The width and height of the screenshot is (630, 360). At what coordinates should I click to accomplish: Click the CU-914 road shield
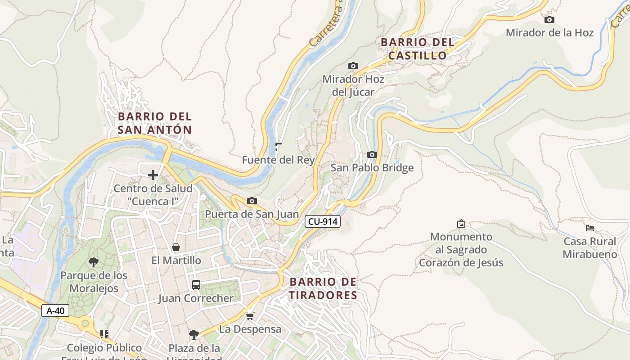tap(323, 221)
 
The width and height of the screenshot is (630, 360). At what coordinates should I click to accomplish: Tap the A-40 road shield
tap(55, 310)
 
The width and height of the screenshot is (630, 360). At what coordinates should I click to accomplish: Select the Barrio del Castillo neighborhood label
tap(417, 49)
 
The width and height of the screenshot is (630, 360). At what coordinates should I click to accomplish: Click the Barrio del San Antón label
tap(155, 123)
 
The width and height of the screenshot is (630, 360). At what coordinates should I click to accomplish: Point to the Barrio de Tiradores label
tap(323, 288)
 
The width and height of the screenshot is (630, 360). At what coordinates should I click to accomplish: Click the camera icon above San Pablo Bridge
tap(372, 155)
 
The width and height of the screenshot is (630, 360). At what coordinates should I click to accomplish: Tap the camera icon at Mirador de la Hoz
tap(549, 20)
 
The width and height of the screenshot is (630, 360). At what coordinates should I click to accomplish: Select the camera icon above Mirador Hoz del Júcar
tap(353, 66)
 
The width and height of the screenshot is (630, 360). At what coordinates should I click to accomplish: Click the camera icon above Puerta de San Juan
tap(252, 201)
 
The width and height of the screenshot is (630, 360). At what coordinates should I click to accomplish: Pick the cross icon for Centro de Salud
tap(153, 175)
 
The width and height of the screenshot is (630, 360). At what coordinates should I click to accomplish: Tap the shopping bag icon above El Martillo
tap(176, 247)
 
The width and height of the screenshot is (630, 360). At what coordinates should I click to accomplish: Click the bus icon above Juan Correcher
tap(196, 284)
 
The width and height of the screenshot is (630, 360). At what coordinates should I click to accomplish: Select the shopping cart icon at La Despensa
tap(250, 316)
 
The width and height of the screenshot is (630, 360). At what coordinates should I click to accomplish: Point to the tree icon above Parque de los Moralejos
tap(94, 262)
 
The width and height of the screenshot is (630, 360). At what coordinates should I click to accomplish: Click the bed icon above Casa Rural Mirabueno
tap(590, 228)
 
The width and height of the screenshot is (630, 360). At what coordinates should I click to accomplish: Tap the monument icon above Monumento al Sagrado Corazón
tap(461, 223)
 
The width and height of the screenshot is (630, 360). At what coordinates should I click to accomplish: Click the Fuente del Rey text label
tap(278, 160)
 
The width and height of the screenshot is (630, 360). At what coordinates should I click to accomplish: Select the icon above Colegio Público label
tap(104, 334)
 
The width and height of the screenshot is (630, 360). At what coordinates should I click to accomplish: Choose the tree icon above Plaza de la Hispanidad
tap(194, 334)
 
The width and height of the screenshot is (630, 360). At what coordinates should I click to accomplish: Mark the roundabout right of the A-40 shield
tap(85, 323)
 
